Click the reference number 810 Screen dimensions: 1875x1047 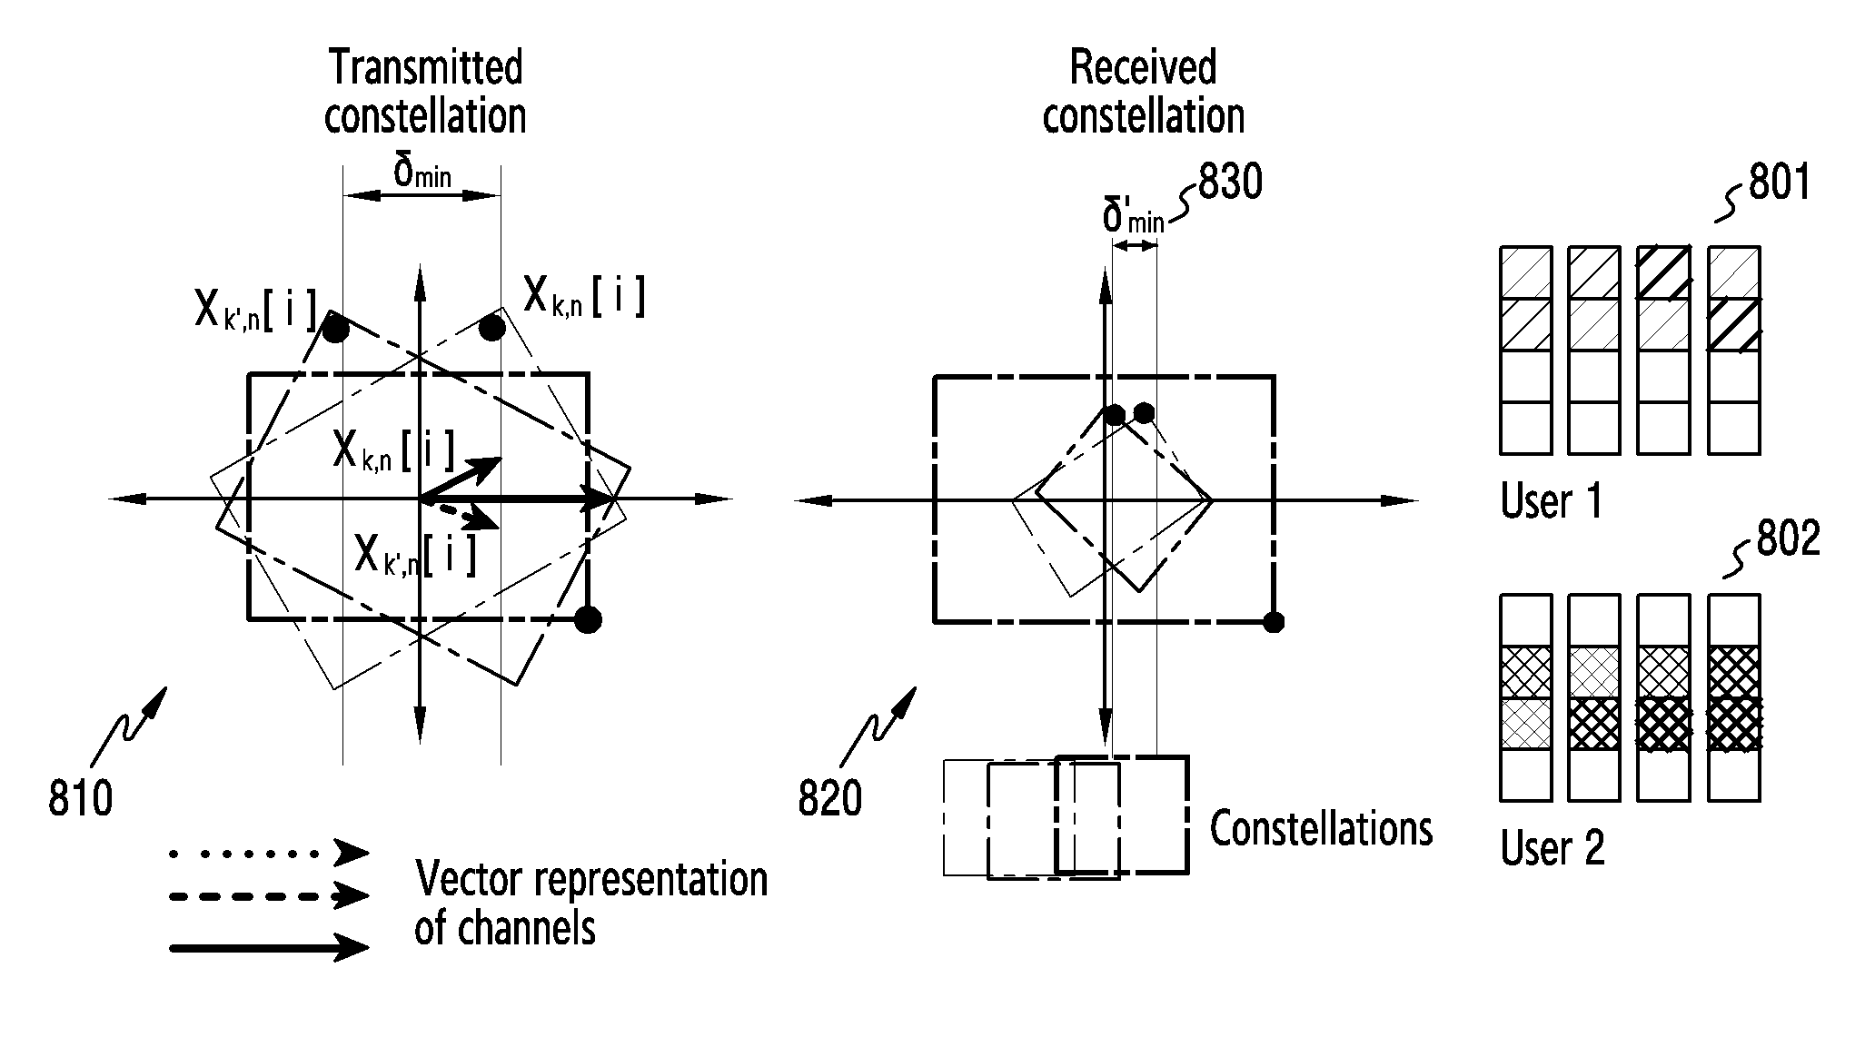(x=81, y=799)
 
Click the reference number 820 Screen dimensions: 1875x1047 (x=830, y=799)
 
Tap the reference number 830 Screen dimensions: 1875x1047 (x=1231, y=183)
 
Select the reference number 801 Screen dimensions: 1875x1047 (x=1780, y=183)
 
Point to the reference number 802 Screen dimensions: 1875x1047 (x=1789, y=538)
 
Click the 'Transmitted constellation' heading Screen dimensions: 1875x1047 (x=425, y=92)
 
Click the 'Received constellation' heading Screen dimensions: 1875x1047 (x=1143, y=92)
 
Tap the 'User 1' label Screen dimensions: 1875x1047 (x=1552, y=501)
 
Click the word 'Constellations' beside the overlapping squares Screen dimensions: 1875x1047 (x=1321, y=828)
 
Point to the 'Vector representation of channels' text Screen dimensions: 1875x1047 (x=591, y=904)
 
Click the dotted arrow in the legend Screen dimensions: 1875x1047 (x=269, y=853)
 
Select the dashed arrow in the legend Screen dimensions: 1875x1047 (x=269, y=896)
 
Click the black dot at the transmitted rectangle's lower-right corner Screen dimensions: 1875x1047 (x=589, y=619)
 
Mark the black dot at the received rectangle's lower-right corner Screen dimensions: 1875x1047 (x=1274, y=622)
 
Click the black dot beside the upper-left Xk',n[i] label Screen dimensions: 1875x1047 (x=335, y=328)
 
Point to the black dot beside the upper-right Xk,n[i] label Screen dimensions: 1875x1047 (x=492, y=327)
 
